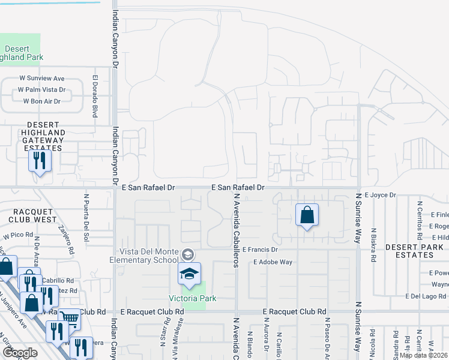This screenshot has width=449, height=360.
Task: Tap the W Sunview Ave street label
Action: point(41,79)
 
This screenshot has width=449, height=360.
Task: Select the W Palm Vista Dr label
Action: point(41,90)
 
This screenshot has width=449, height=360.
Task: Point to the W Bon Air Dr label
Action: point(41,101)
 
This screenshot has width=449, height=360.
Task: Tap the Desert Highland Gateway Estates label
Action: point(37,136)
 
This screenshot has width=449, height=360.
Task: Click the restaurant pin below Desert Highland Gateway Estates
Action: point(40,161)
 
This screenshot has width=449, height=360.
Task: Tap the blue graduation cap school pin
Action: point(189,274)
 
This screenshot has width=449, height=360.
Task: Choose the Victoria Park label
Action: point(192,298)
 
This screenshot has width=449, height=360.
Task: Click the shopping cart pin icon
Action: point(69,320)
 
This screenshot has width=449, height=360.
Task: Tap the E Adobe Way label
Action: point(273,262)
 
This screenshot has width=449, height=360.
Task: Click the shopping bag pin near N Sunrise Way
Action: point(307,215)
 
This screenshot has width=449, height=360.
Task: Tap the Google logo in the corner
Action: point(20,353)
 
